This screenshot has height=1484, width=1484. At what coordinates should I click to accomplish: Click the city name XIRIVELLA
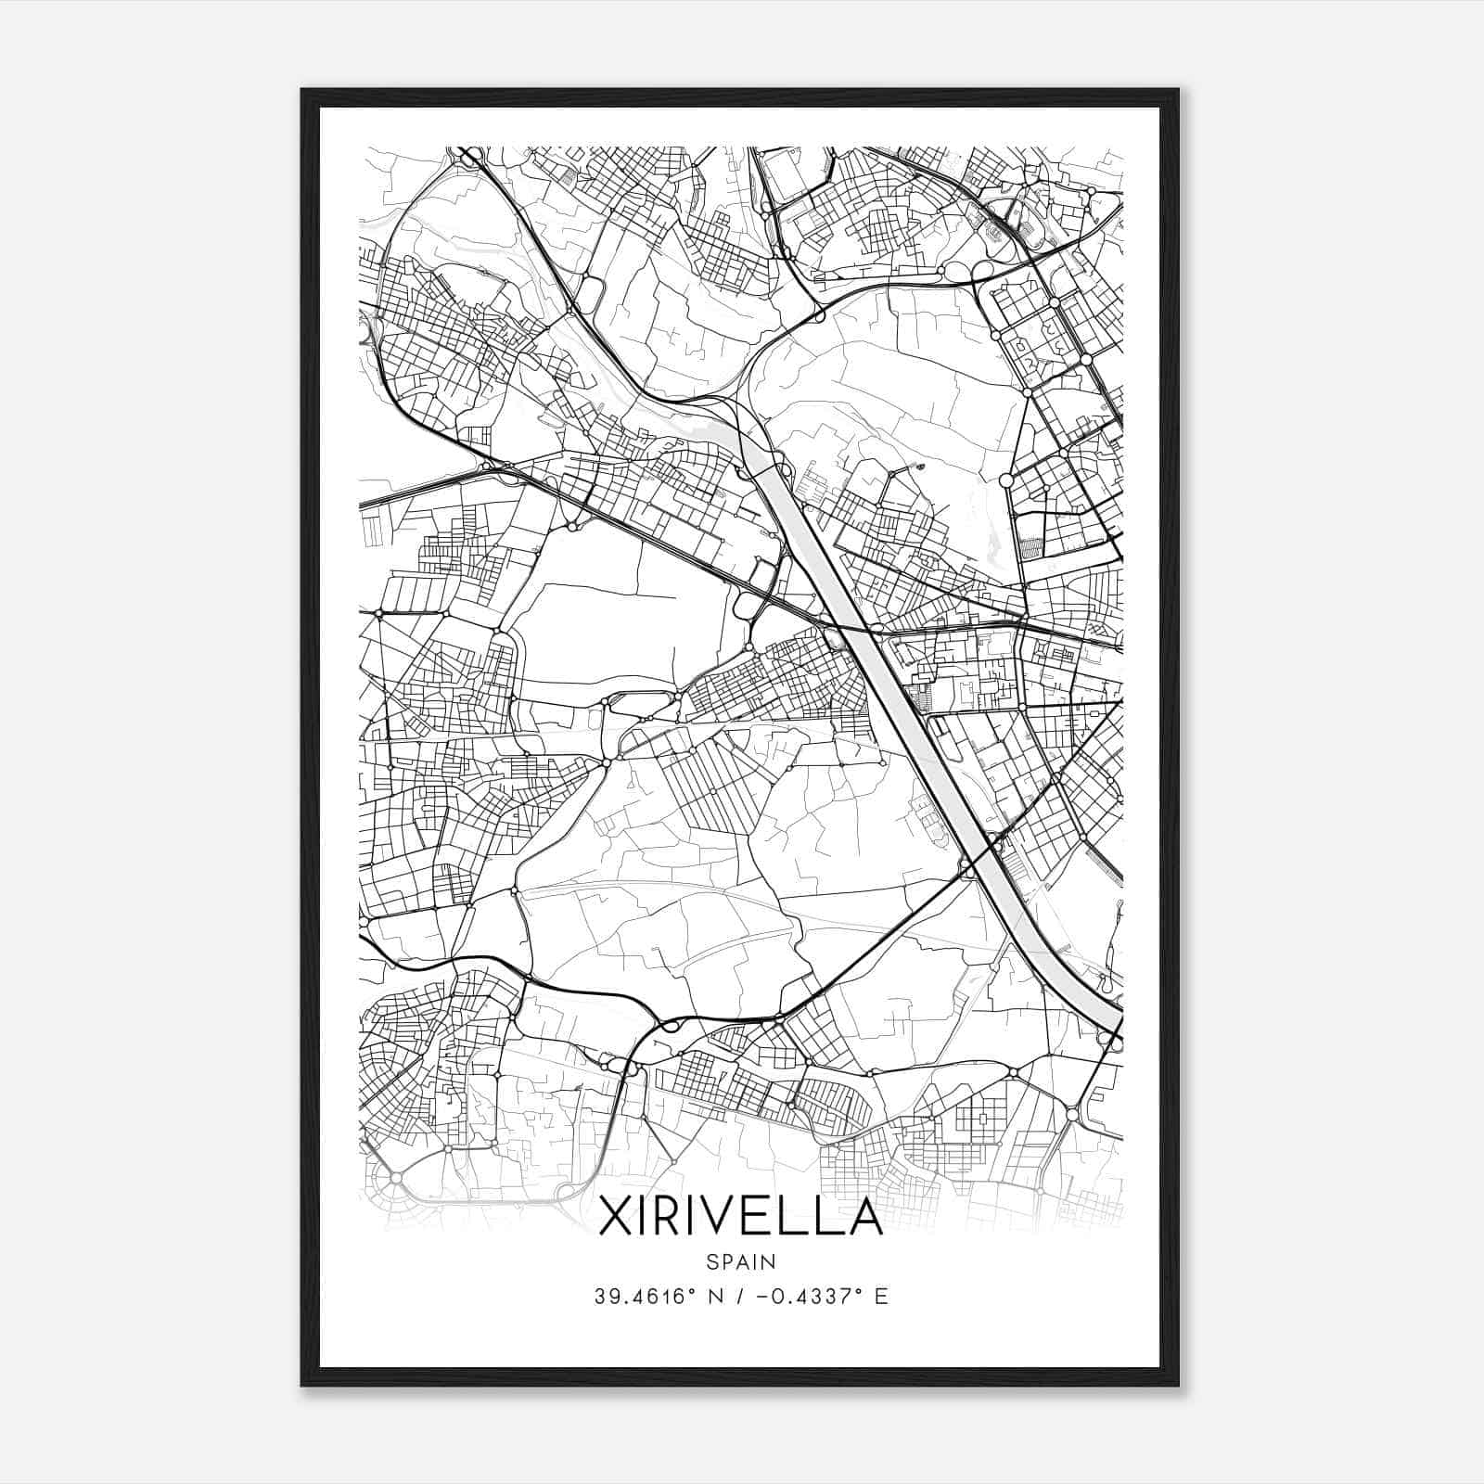[740, 1217]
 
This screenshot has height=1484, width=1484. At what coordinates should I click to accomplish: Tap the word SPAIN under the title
[740, 1261]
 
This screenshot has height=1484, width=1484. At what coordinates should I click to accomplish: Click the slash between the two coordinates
[737, 1296]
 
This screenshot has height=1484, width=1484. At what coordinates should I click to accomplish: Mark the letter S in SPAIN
[711, 1261]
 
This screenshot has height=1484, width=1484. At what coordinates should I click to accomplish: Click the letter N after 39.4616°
[711, 1296]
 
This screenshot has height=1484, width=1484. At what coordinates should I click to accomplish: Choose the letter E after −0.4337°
[882, 1296]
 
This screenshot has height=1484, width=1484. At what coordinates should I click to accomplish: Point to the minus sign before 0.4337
[764, 1296]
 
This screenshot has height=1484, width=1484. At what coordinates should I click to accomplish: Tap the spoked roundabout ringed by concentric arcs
[396, 1176]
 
